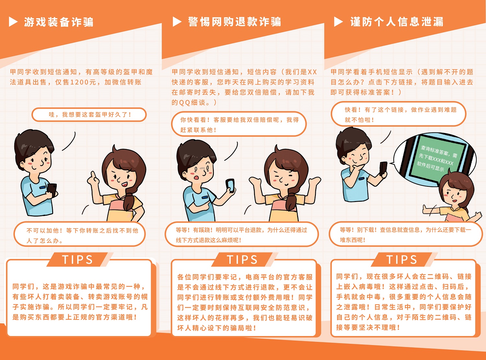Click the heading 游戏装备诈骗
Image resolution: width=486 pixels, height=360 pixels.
(59, 22)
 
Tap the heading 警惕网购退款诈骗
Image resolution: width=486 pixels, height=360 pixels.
(235, 22)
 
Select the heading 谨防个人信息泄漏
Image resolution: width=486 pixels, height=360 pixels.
(397, 22)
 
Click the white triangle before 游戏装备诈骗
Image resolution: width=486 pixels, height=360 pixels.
(13, 22)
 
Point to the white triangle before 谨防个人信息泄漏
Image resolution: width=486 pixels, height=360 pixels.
(338, 22)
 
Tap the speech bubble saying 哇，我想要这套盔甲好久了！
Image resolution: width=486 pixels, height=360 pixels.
(89, 115)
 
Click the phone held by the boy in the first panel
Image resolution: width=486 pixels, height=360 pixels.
(52, 190)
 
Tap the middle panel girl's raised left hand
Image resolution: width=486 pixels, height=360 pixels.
(315, 181)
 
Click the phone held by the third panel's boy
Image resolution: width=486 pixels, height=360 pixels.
(383, 169)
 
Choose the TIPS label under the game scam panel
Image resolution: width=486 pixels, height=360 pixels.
(77, 260)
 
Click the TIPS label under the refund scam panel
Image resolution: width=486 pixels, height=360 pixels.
(242, 260)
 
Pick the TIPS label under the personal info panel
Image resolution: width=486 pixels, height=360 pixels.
(402, 260)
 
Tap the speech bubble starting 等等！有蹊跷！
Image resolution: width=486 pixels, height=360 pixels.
(241, 234)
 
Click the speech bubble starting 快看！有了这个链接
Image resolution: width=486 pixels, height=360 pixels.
(399, 114)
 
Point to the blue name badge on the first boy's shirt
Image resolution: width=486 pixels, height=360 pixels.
(42, 187)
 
